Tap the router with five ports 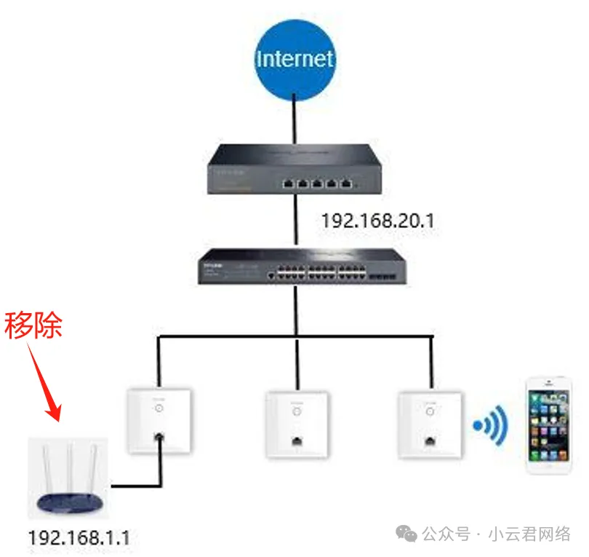point(294,170)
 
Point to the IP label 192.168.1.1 point(79,537)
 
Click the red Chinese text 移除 point(33,325)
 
